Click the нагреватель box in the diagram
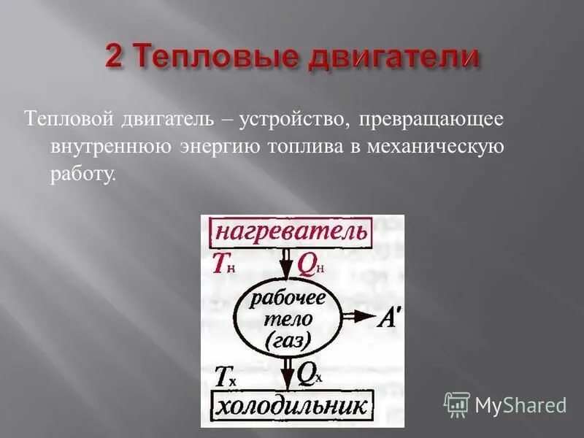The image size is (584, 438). point(290,232)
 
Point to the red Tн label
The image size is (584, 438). point(223,264)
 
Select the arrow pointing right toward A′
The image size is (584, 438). point(358,317)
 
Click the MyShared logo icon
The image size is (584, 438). point(457,404)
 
